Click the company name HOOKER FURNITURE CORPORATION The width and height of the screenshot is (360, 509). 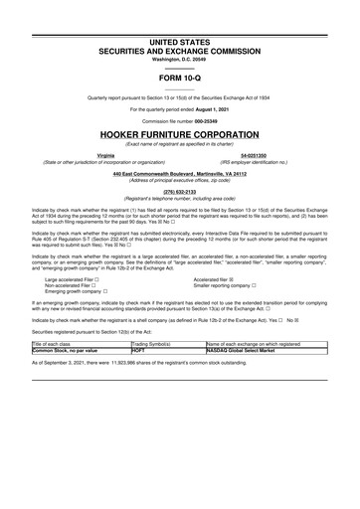coord(179,132)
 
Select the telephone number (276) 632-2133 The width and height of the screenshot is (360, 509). coord(179,192)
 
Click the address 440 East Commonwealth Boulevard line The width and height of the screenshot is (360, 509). coord(179,174)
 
